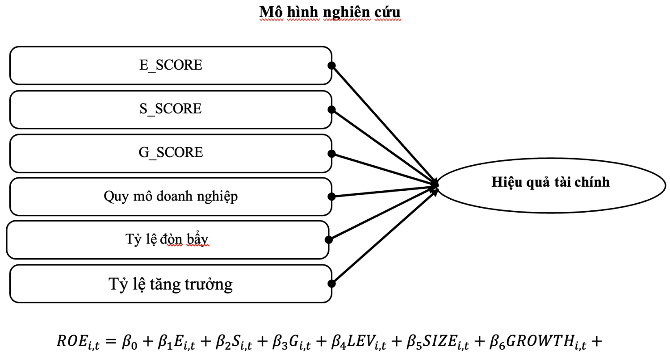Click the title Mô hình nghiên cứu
(x=330, y=13)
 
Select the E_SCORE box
(x=171, y=65)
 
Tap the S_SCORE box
(x=171, y=109)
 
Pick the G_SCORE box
(x=171, y=153)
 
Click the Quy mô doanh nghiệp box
(x=171, y=197)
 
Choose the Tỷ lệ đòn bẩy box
(x=168, y=239)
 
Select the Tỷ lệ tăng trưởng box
(x=171, y=284)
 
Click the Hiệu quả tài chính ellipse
(x=550, y=182)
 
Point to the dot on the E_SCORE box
(x=331, y=65)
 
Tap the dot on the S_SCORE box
(x=331, y=109)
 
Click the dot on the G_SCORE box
(x=331, y=153)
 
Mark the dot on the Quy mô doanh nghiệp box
(x=331, y=197)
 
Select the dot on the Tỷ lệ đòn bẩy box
(x=329, y=240)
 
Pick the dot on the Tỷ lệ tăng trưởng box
(x=331, y=284)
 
